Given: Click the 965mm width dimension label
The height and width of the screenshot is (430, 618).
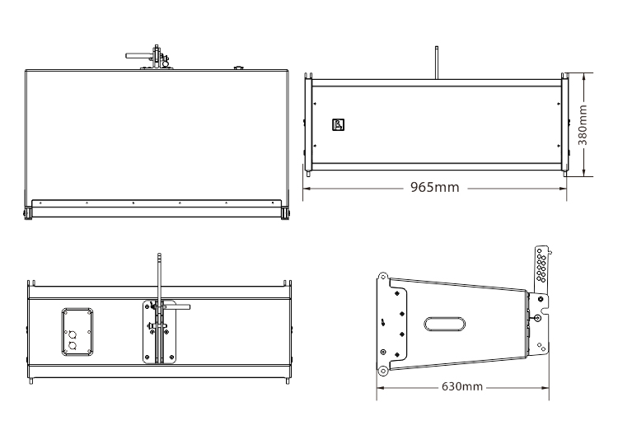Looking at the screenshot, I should point(435,187).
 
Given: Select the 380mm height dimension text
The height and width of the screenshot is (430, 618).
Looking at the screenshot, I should point(583,124).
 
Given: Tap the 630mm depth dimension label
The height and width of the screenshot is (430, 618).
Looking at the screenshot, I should point(462,386).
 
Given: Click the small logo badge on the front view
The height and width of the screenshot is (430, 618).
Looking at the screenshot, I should point(337,125).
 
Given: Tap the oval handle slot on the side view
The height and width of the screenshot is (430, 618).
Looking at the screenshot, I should point(446,323).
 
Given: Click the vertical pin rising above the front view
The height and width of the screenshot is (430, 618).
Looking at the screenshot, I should point(435,60).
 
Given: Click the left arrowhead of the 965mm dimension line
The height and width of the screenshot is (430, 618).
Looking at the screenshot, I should point(306,187).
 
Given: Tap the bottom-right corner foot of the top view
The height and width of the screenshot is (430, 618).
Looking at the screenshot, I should point(286,215).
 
